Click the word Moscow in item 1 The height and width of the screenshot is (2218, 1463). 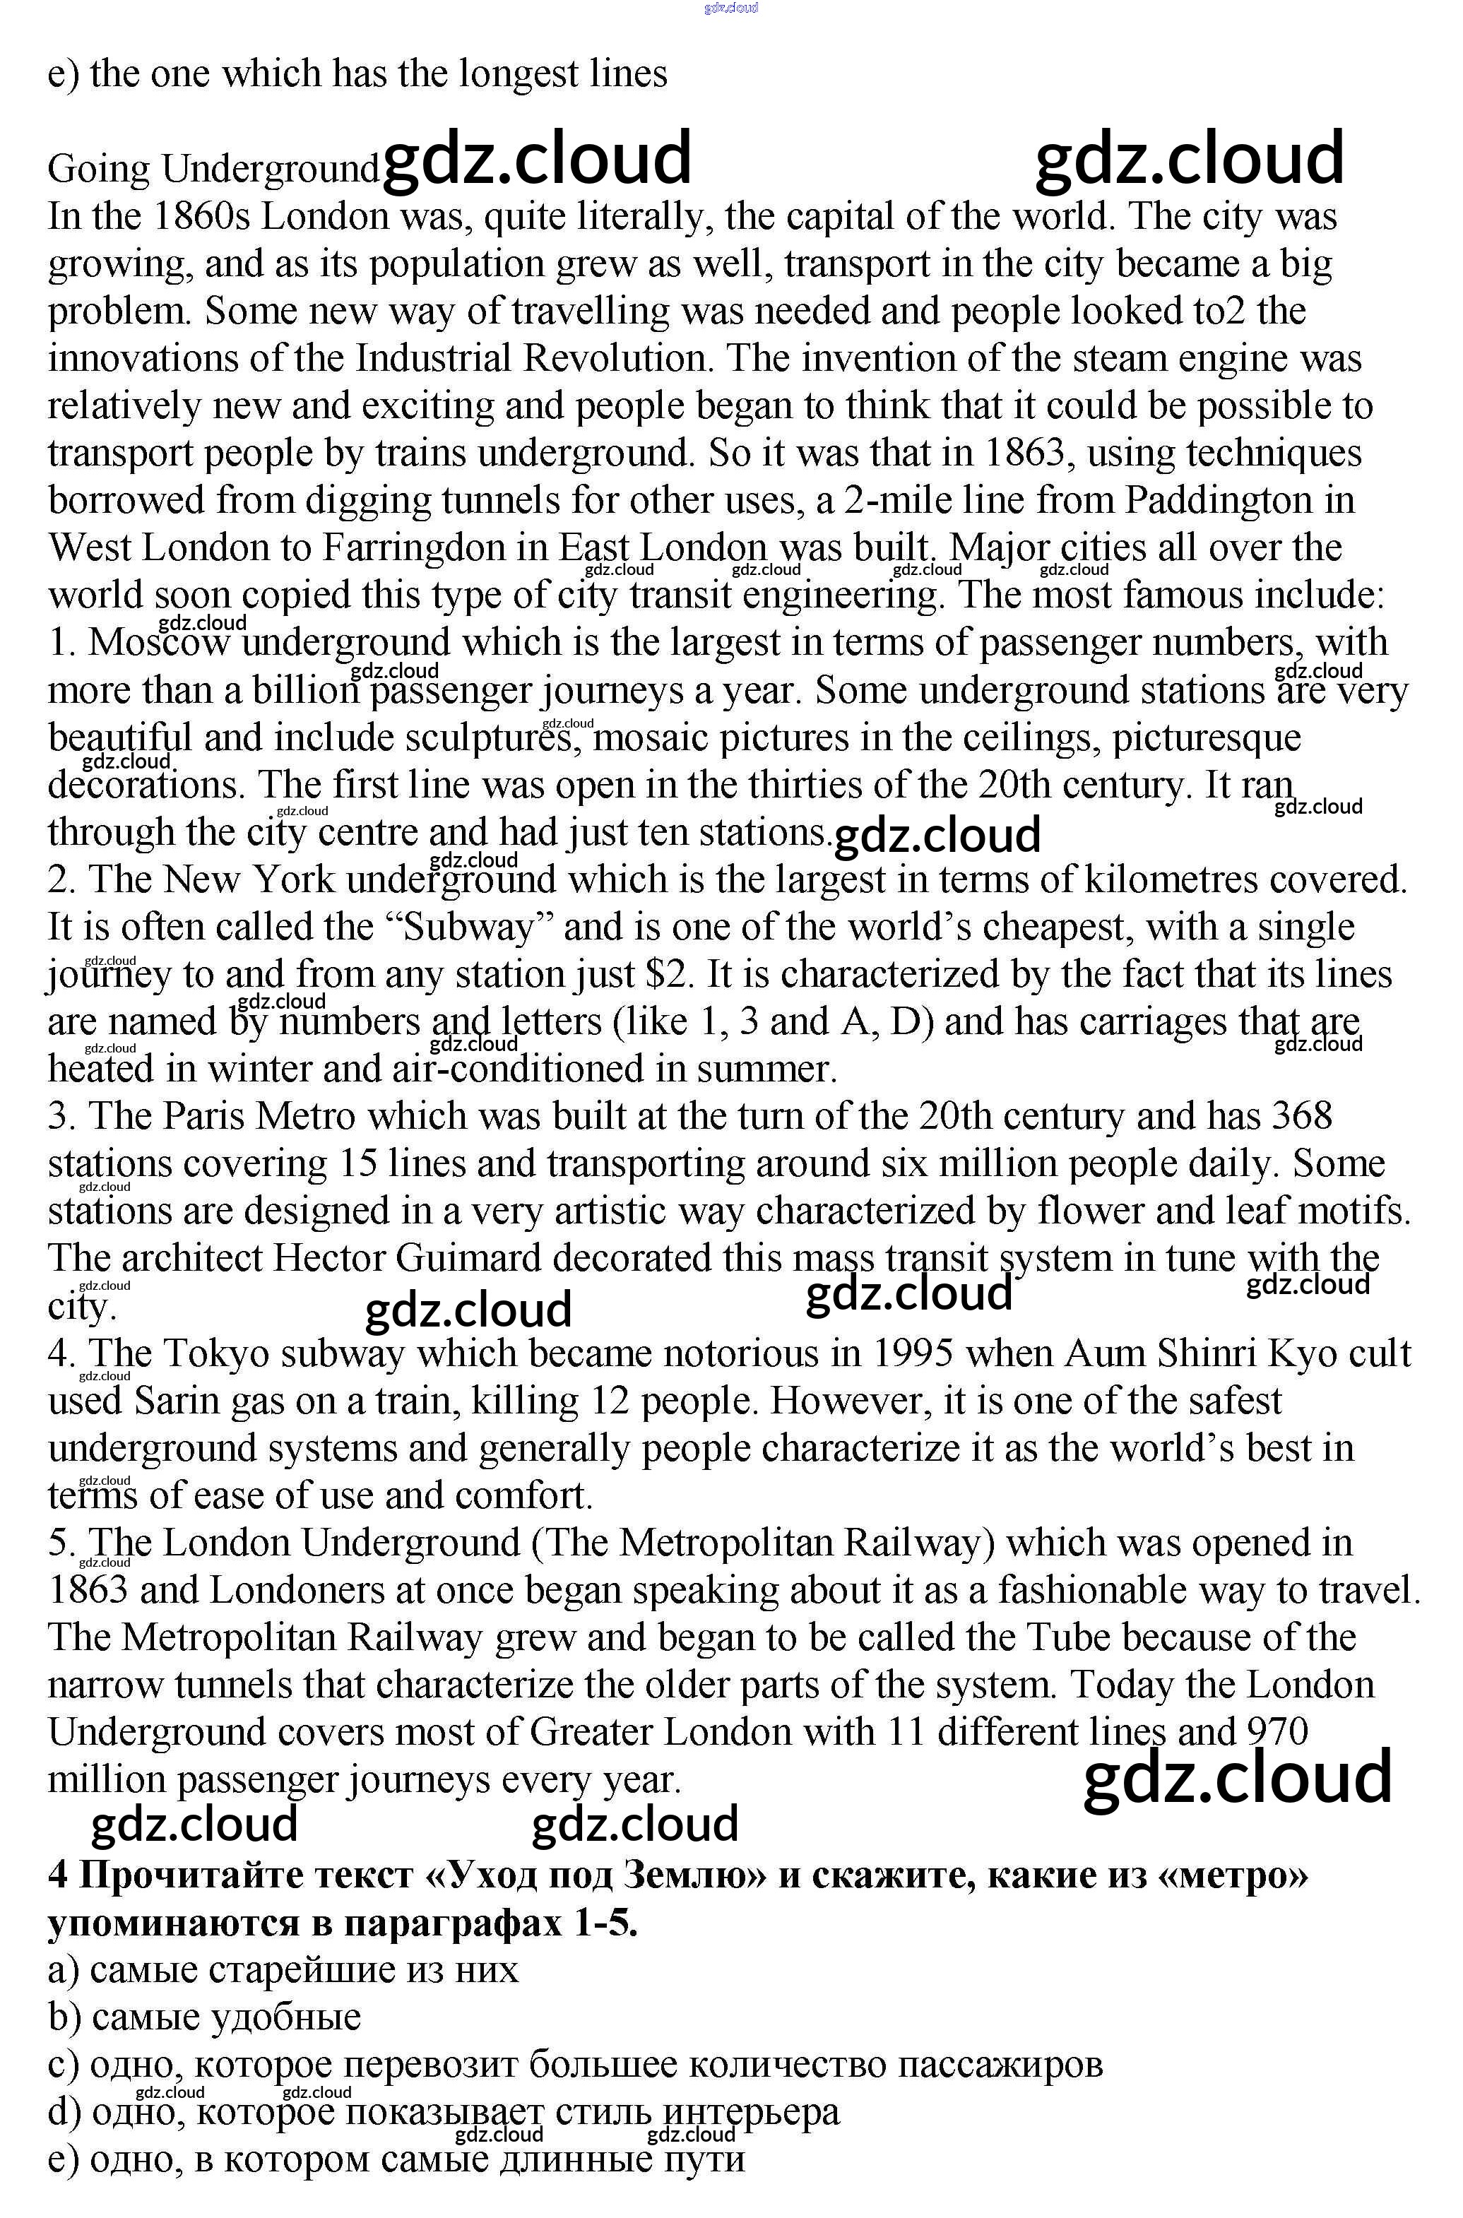[x=160, y=643]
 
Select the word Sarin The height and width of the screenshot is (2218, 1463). [x=169, y=1401]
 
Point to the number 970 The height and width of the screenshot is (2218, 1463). [x=1277, y=1732]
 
